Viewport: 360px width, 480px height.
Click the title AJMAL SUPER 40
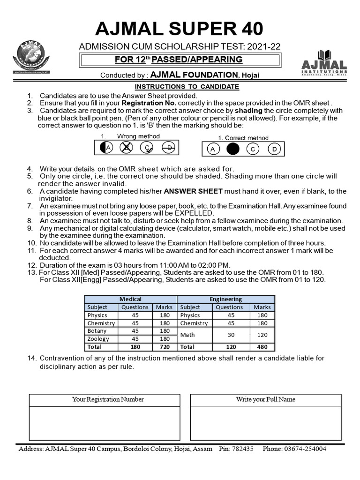point(180,29)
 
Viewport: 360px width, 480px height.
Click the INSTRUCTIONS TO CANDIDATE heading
point(187,87)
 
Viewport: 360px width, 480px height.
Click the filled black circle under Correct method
point(233,149)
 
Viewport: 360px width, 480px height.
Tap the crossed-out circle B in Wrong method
point(126,148)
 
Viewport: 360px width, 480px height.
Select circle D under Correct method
point(275,149)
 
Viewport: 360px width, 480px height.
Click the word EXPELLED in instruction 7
point(195,213)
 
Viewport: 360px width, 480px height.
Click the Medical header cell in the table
point(130,299)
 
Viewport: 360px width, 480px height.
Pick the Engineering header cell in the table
point(225,299)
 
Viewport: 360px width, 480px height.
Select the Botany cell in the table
point(97,331)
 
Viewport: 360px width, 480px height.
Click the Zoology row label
point(98,339)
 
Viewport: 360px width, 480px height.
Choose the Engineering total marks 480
point(262,347)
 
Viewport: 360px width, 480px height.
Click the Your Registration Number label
point(108,399)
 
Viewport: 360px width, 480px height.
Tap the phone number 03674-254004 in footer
point(302,449)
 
